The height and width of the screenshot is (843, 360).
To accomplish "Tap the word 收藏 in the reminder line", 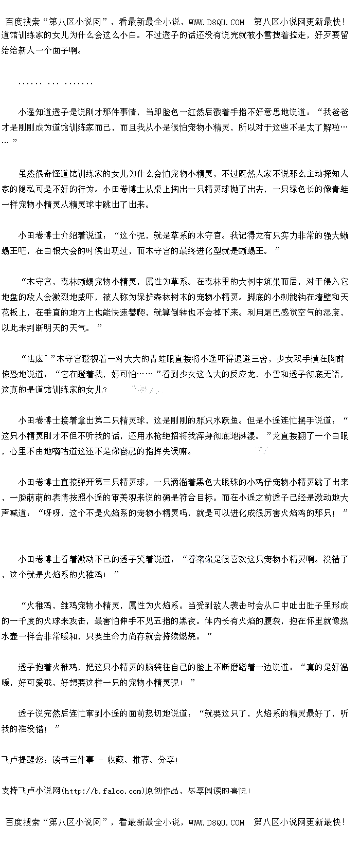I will click(116, 760).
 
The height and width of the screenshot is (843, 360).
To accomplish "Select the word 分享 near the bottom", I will click(167, 760).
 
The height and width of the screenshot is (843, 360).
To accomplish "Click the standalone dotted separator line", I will click(55, 83).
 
